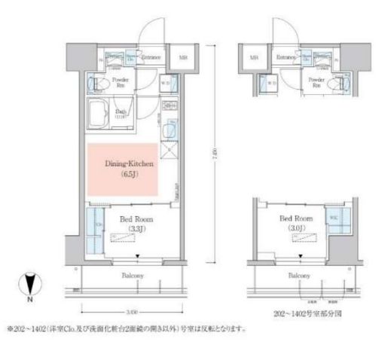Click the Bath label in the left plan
pos(120,112)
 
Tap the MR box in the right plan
pos(255,56)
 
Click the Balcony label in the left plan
pos(133,276)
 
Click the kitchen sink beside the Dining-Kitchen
pos(171,130)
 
